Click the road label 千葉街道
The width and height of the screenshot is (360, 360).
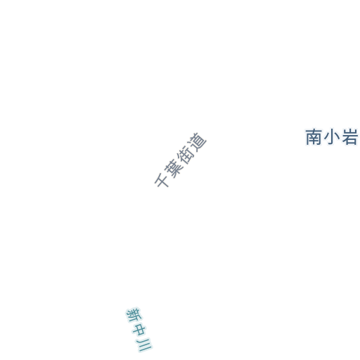tap(180, 160)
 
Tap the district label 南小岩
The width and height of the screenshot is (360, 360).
tap(332, 137)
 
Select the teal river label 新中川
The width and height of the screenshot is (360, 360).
tap(139, 330)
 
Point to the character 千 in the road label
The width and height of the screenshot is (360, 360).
tap(162, 180)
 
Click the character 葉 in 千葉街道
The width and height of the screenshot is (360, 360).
tap(174, 167)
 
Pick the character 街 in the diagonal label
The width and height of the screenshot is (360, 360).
tap(186, 155)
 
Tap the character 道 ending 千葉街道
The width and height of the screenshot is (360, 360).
tap(198, 141)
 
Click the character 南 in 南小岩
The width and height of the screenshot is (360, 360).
tap(314, 137)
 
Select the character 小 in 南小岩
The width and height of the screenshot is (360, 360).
tap(332, 137)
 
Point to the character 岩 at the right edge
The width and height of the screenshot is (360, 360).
tap(349, 137)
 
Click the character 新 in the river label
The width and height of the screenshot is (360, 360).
tap(134, 315)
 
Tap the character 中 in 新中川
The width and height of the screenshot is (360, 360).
tap(139, 330)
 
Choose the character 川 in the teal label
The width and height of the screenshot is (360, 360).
tap(144, 345)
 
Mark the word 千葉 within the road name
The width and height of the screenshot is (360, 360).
tap(168, 174)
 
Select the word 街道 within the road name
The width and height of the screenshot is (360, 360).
tap(192, 148)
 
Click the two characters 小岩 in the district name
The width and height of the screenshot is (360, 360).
tap(341, 137)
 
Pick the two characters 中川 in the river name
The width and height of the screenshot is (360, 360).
tap(142, 337)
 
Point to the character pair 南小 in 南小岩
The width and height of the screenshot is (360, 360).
tap(322, 137)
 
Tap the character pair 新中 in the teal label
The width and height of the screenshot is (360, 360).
tap(136, 322)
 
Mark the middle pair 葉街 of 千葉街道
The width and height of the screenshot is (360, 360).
tap(180, 161)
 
